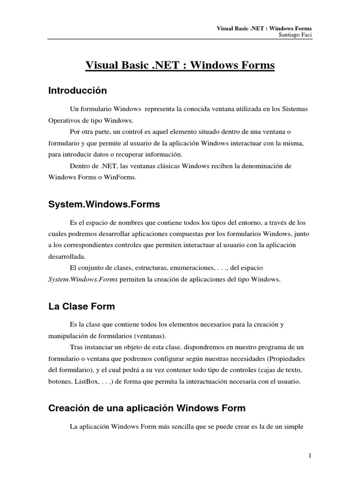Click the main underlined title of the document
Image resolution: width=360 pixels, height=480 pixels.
pos(180,66)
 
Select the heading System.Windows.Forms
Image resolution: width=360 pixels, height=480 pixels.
pos(104,204)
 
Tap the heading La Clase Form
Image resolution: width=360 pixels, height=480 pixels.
pos(82,307)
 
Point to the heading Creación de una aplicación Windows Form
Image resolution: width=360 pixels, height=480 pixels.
pos(147,408)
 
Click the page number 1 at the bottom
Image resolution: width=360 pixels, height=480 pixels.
pos(310,456)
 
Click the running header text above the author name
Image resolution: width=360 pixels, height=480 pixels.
pos(264,28)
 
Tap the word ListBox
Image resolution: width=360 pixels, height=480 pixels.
pos(86,382)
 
